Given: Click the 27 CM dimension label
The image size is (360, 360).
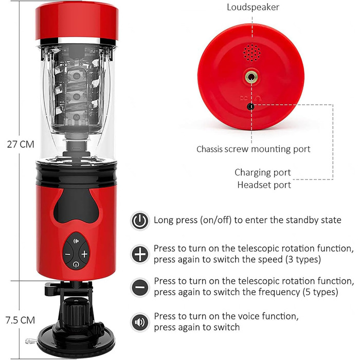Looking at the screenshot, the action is click(x=21, y=145).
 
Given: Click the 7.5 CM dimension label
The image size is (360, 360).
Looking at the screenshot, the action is click(x=21, y=320).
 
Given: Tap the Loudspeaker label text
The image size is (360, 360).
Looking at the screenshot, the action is click(x=253, y=7).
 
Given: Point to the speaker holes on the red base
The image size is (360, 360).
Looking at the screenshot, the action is click(x=252, y=53).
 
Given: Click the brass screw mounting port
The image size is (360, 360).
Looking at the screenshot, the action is click(x=251, y=77).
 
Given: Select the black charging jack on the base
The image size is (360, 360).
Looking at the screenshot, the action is click(x=251, y=107).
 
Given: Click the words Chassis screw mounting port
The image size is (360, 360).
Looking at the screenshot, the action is click(x=253, y=149).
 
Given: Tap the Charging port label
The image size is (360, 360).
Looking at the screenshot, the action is click(x=263, y=172).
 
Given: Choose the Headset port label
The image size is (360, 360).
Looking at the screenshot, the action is click(x=264, y=185).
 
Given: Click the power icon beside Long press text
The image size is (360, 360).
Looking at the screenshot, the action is click(x=140, y=221).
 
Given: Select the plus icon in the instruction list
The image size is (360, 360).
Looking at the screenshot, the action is click(x=140, y=254).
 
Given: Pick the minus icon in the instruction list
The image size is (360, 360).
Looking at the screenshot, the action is click(x=140, y=287).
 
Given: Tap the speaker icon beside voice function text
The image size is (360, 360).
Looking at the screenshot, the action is click(x=140, y=322).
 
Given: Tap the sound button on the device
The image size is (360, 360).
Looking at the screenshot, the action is click(x=76, y=241).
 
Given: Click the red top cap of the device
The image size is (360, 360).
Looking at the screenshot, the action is click(x=77, y=21).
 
